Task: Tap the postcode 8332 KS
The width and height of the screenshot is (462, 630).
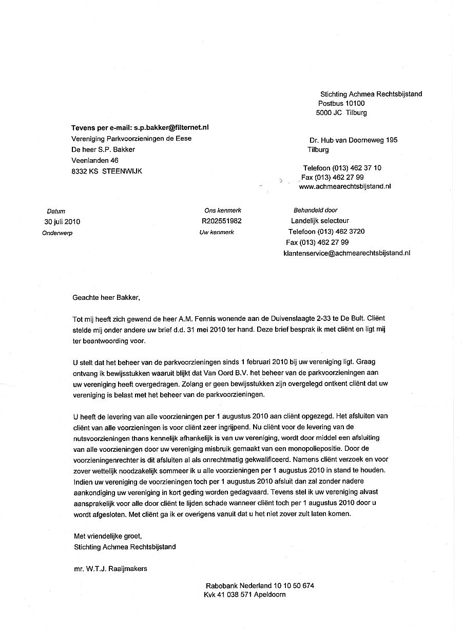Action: pyautogui.click(x=85, y=171)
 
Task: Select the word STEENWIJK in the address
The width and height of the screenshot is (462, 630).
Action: pyautogui.click(x=122, y=171)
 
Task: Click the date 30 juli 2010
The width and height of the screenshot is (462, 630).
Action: pyautogui.click(x=62, y=222)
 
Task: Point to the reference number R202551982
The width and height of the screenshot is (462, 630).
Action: pyautogui.click(x=222, y=221)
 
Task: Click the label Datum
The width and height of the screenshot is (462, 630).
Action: pyautogui.click(x=56, y=211)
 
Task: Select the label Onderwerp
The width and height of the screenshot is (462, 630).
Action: pyautogui.click(x=57, y=233)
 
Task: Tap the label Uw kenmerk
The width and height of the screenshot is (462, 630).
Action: pyautogui.click(x=217, y=233)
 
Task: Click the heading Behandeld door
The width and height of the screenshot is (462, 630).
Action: pyautogui.click(x=315, y=211)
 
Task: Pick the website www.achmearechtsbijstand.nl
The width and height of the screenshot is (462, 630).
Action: pyautogui.click(x=344, y=187)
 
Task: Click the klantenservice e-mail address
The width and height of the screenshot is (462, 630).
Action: pyautogui.click(x=346, y=253)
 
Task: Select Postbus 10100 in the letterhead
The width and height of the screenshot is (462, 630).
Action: pyautogui.click(x=341, y=103)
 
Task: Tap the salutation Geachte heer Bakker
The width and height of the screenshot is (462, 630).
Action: pyautogui.click(x=106, y=297)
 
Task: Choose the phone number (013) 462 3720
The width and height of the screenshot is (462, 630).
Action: pyautogui.click(x=341, y=232)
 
